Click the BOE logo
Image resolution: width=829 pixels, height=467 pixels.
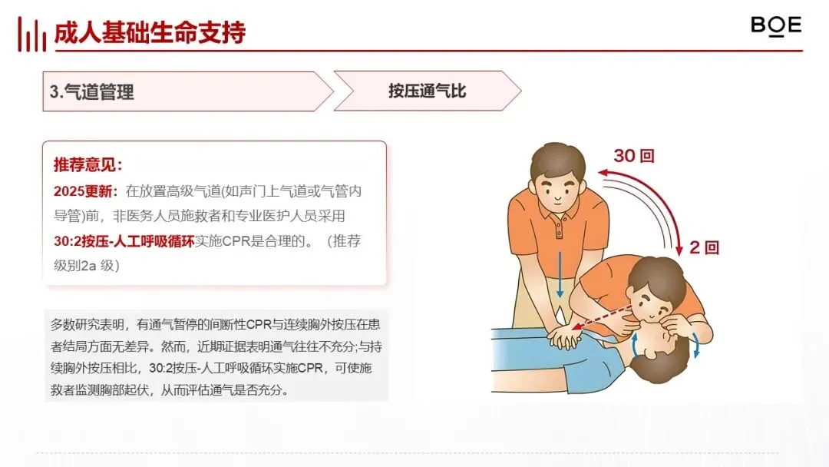[775, 26]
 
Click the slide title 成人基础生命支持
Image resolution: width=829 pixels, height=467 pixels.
[150, 33]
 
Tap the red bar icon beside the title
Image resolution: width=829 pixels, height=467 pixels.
[31, 35]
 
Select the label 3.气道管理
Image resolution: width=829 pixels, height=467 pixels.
[92, 92]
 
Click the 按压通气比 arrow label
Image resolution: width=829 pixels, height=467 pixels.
[428, 91]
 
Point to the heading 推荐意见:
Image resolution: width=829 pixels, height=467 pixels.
[88, 165]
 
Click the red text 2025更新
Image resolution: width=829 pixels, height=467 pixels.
[85, 191]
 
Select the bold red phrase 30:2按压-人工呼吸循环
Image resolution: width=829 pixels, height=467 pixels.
[124, 241]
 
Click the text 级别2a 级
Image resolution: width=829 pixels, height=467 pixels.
[87, 266]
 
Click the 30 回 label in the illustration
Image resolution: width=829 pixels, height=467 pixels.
[634, 155]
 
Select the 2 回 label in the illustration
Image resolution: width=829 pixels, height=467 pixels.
[704, 247]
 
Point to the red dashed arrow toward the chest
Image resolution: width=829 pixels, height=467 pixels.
[602, 317]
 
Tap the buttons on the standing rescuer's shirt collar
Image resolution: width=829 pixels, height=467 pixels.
[560, 228]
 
